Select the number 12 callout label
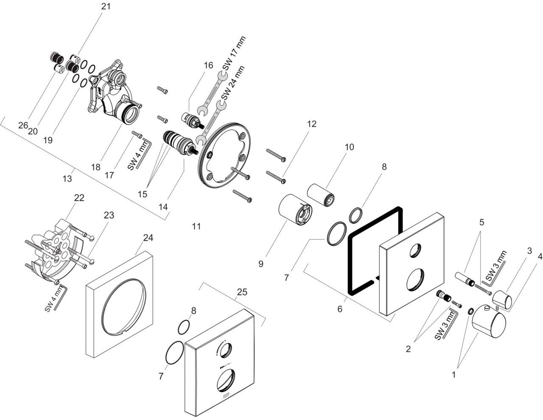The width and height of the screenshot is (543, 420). tap(312, 124)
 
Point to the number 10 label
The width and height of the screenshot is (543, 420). tap(349, 147)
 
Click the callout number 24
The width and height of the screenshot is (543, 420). tap(148, 238)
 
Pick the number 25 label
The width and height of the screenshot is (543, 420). tap(242, 292)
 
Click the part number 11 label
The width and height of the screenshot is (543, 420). tap(196, 226)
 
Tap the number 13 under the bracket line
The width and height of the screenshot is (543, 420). tap(67, 179)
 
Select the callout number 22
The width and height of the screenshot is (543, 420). tap(79, 198)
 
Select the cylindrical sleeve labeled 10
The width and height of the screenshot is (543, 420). tap(322, 194)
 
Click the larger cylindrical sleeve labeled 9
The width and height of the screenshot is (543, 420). tap(295, 210)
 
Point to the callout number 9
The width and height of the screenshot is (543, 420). tap(260, 264)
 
